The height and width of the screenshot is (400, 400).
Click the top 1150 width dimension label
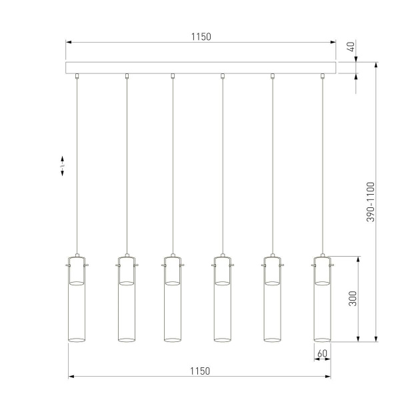tap(201, 37)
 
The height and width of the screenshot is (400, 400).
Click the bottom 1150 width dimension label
tap(200, 371)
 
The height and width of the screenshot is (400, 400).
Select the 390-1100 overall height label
tap(371, 202)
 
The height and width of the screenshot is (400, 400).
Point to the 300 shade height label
tap(353, 298)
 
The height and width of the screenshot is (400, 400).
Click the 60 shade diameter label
tap(322, 353)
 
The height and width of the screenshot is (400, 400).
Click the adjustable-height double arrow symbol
tap(63, 167)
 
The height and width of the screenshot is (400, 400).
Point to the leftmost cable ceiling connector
tap(77, 76)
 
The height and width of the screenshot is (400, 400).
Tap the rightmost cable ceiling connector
tap(322, 76)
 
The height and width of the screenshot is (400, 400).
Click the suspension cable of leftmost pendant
tap(77, 167)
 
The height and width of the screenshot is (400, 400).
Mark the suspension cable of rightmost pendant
tap(322, 167)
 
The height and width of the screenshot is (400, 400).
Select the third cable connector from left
tap(173, 76)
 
